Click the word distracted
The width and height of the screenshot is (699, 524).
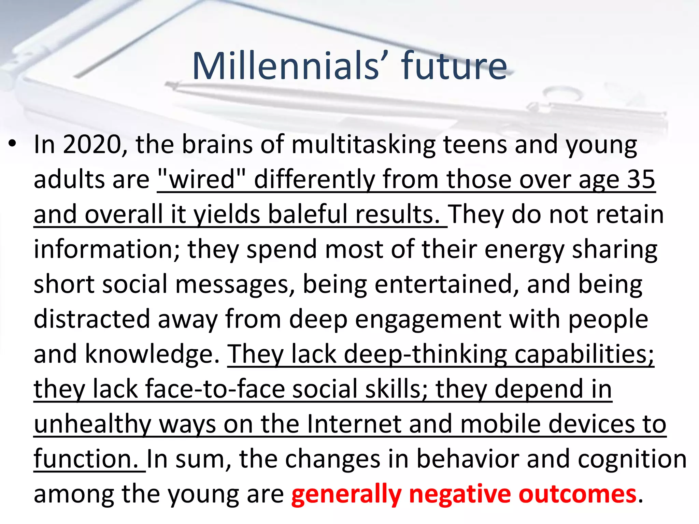coord(92,319)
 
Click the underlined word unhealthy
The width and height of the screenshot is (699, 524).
coord(92,424)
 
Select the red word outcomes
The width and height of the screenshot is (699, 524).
coord(577,494)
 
